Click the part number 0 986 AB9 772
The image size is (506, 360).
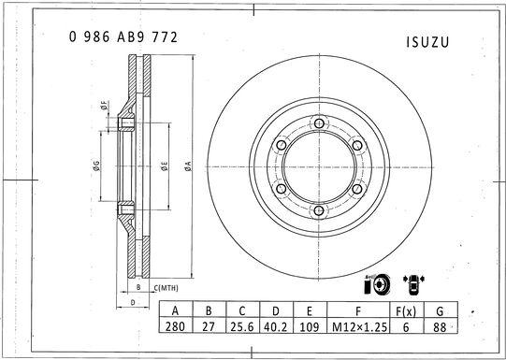[123, 37]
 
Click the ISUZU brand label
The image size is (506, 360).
[428, 42]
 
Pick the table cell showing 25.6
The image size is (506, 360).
[242, 328]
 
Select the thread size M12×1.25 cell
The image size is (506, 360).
[359, 328]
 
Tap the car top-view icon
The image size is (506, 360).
[411, 285]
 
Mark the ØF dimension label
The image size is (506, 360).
[101, 107]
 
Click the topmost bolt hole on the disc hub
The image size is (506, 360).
[318, 122]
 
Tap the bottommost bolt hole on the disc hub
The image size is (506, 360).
[318, 211]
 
